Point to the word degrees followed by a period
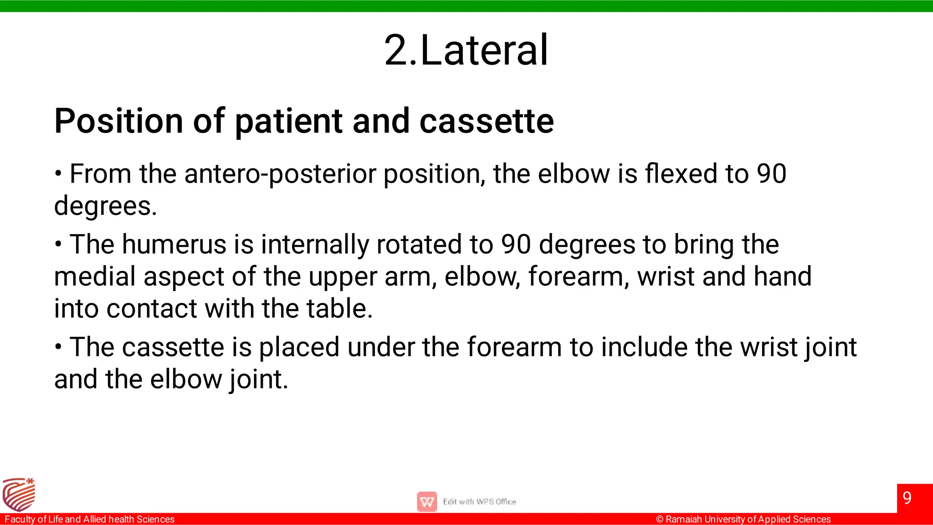click(x=105, y=206)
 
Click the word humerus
click(x=174, y=245)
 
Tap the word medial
click(x=95, y=277)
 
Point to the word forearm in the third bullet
click(x=514, y=347)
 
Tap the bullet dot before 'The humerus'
click(x=58, y=245)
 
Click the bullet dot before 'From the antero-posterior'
click(x=58, y=174)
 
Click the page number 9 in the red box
click(x=907, y=498)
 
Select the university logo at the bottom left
click(x=19, y=494)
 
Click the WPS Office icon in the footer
click(x=427, y=502)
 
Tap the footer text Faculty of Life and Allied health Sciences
click(x=90, y=520)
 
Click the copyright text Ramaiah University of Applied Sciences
click(x=743, y=520)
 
